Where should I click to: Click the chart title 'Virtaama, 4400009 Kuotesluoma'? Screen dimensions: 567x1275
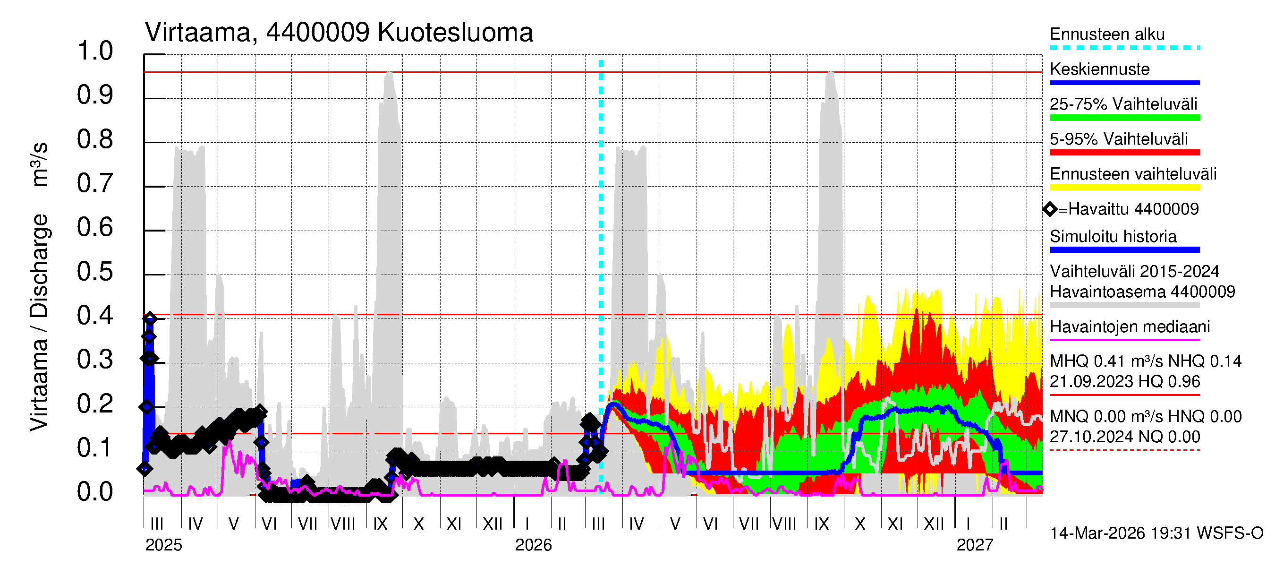coord(339,33)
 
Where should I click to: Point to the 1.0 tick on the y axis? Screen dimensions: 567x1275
coord(95,52)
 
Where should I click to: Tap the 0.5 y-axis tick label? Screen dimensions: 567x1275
coord(95,272)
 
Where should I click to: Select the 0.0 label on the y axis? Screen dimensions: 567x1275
coord(95,492)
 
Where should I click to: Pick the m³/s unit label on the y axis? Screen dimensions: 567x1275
coord(40,164)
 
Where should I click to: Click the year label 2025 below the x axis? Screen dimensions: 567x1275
coord(163,545)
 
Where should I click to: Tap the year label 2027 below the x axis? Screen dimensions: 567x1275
coord(974,545)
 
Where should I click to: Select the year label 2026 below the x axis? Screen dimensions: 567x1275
coord(533,545)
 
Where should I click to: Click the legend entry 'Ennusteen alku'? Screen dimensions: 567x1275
coord(1107,34)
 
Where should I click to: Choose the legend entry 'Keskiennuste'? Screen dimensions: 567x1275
coord(1099,69)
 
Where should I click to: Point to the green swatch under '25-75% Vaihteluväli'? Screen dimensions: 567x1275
coord(1124,118)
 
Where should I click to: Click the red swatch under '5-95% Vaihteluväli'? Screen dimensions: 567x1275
coord(1124,153)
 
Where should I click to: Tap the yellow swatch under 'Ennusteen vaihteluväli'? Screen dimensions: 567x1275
coord(1124,188)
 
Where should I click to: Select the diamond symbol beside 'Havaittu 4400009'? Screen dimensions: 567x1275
coord(1050,209)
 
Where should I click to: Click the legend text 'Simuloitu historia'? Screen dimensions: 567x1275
coord(1113,237)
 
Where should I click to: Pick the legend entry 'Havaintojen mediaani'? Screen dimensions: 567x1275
coord(1130,327)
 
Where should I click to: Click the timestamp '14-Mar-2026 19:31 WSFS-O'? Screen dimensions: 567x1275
coord(1156,533)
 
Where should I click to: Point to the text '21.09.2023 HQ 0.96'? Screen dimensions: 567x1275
coord(1124,382)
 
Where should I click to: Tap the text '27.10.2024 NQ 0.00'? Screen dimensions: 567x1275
coord(1124,437)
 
